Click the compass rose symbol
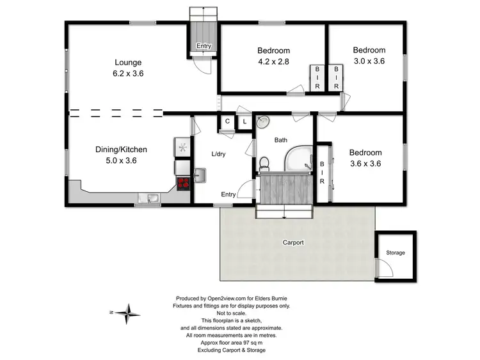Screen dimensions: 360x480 tap(131, 313)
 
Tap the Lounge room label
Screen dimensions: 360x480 tap(128, 63)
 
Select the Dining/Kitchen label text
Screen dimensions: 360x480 tap(121, 150)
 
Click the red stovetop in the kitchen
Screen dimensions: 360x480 tap(183, 184)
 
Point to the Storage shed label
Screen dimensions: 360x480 tap(396, 253)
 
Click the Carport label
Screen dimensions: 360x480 tap(293, 242)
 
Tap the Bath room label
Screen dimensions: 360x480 tap(281, 139)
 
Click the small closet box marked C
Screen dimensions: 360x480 tap(227, 121)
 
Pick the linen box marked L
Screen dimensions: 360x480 tap(244, 121)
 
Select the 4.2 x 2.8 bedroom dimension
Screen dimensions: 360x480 tap(274, 63)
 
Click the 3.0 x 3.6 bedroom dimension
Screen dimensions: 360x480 tap(370, 62)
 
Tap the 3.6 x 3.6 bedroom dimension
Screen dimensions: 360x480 tap(365, 163)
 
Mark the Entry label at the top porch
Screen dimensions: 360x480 tap(204, 46)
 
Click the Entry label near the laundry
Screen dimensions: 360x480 tap(228, 194)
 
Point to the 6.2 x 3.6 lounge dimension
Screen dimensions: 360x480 tap(128, 74)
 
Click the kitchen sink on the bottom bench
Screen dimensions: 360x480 tap(152, 198)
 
